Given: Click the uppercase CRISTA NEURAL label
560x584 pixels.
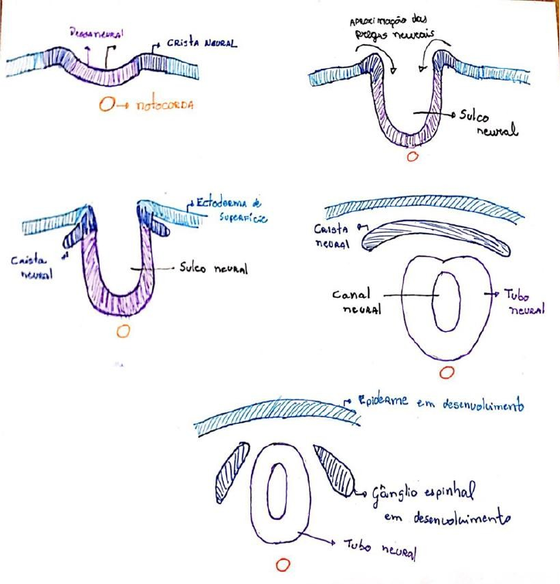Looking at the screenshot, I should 200,44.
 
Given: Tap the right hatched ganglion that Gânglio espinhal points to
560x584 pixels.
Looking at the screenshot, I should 334,470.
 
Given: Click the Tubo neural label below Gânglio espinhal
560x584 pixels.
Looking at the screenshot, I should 379,548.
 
